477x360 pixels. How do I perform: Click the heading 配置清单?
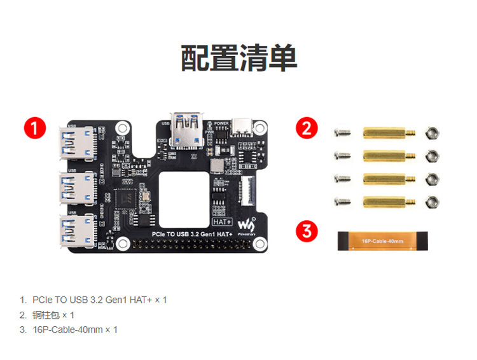tap(238, 59)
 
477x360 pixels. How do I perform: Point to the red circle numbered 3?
tap(307, 231)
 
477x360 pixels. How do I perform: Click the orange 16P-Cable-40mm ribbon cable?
tap(382, 241)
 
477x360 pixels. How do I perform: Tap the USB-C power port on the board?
tap(242, 128)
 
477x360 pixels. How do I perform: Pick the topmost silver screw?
tap(342, 134)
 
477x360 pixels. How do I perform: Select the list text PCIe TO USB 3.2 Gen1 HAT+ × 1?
tap(99, 300)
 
